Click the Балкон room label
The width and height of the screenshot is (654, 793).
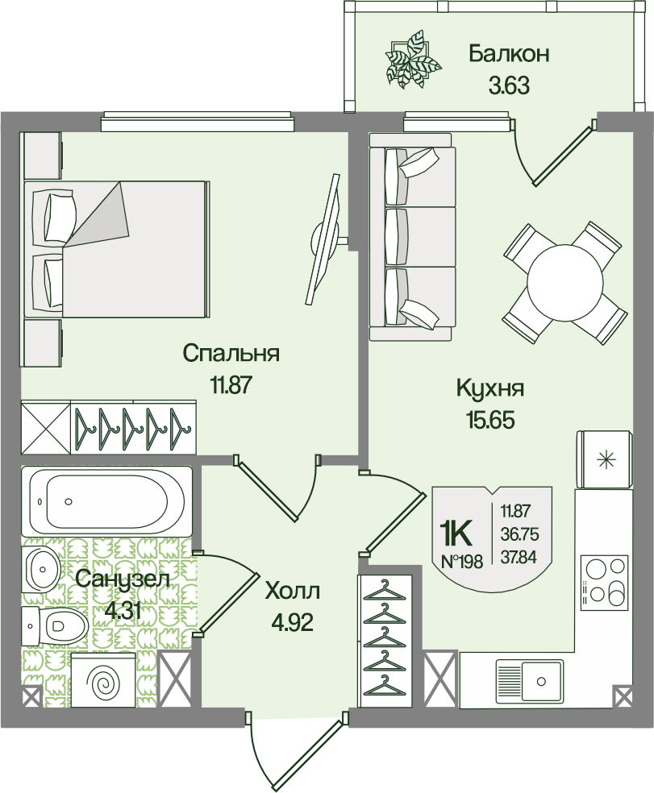(509, 54)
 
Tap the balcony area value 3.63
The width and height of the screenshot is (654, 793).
(509, 86)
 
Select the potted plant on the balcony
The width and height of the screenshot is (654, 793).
(412, 60)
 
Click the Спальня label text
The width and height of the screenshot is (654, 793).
(231, 354)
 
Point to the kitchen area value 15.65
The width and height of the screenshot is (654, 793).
(490, 420)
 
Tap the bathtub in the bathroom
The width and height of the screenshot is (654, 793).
(106, 502)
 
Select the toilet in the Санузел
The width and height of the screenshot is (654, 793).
(54, 626)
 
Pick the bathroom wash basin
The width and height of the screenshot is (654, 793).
(42, 566)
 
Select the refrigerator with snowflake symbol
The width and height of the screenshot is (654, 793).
(604, 459)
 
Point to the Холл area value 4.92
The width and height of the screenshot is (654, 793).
(293, 623)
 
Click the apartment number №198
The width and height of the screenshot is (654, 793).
(463, 560)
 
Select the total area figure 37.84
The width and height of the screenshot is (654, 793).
(519, 557)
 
